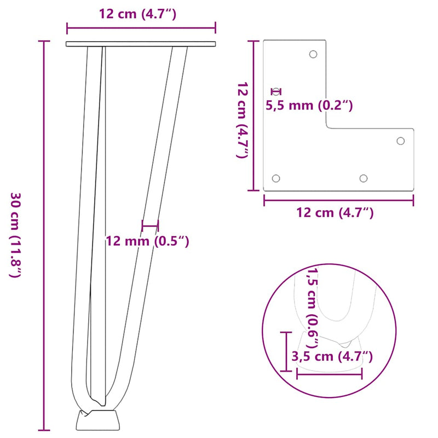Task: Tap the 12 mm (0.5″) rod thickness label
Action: (x=147, y=241)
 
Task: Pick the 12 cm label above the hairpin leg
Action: (x=137, y=15)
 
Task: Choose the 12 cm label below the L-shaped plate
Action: (x=335, y=213)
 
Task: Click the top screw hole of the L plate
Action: (x=313, y=54)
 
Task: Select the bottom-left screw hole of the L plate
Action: (x=276, y=178)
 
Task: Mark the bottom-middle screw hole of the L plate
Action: (x=363, y=178)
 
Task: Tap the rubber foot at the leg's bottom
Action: (x=96, y=419)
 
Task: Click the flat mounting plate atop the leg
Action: (x=141, y=44)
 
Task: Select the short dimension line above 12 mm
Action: (x=149, y=225)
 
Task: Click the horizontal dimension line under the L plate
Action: (x=338, y=200)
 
